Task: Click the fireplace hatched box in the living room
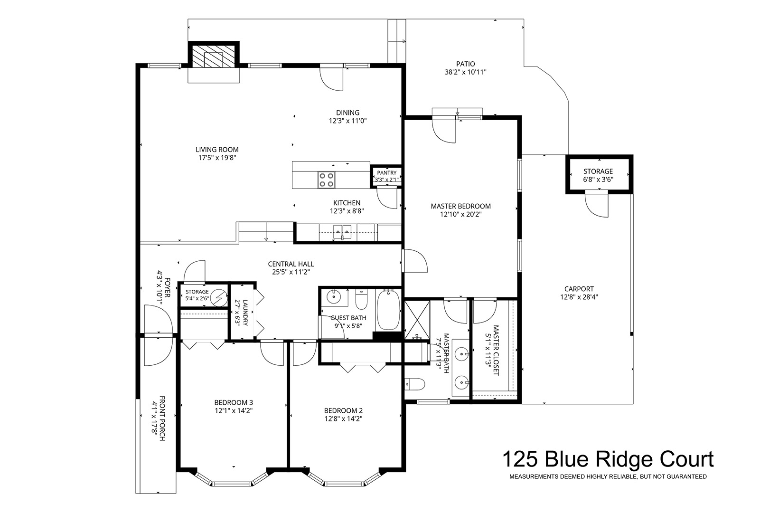(x=213, y=57)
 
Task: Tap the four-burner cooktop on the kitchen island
(x=327, y=180)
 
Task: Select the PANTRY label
(x=386, y=173)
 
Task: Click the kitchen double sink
(x=342, y=232)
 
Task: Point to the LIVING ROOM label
(x=217, y=150)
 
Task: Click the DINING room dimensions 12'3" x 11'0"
(x=348, y=121)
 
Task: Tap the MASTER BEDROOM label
(x=461, y=206)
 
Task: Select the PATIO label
(x=466, y=64)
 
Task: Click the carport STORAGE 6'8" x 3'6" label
(x=598, y=175)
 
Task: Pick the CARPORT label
(x=579, y=289)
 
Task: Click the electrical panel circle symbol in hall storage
(x=219, y=297)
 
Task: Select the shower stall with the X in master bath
(x=417, y=320)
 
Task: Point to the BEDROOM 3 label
(x=234, y=402)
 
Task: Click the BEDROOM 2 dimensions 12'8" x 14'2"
(x=343, y=419)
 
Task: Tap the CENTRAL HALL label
(x=291, y=264)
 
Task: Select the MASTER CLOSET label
(x=496, y=351)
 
